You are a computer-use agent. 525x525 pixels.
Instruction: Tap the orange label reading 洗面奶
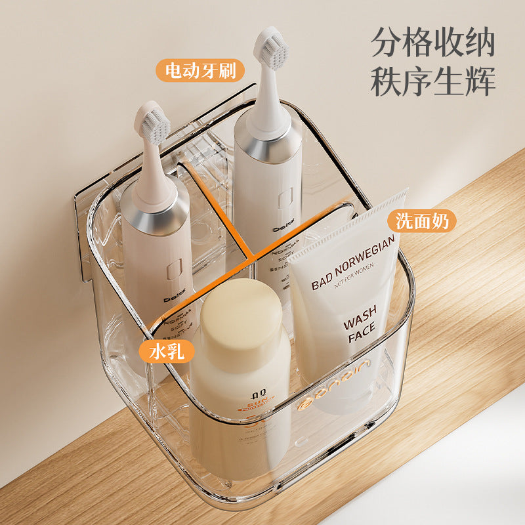click(x=422, y=221)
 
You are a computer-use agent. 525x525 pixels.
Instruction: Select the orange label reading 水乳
click(x=167, y=352)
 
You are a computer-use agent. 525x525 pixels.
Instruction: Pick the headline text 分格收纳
click(x=433, y=43)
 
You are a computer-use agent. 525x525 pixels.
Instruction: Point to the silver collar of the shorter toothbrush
click(x=155, y=215)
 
